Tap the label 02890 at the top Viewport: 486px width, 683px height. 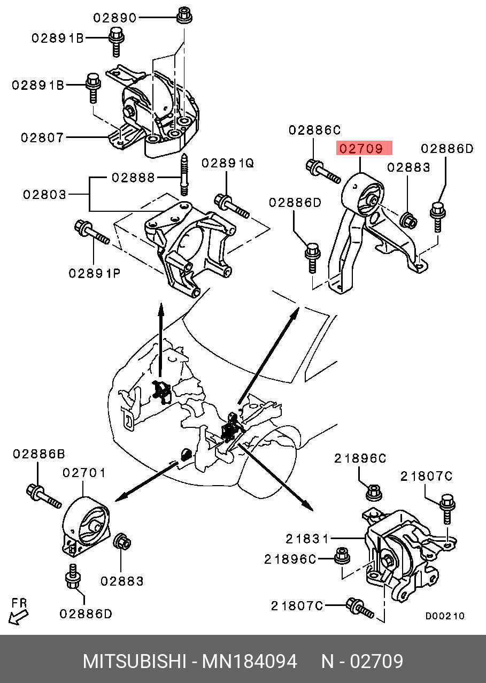pos(114,18)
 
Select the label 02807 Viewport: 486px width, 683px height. pos(42,137)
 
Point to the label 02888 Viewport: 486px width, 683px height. pos(133,177)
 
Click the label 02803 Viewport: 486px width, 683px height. pos(44,194)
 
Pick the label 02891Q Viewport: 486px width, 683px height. pos(228,163)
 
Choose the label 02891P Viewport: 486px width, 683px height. pos(95,273)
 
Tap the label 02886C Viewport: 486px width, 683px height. pos(315,130)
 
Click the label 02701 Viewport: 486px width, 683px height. pos(84,473)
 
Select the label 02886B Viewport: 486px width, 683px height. pos(39,454)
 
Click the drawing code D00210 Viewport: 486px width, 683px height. pos(445,616)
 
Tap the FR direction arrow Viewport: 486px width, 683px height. pos(18,617)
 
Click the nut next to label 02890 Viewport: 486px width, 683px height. pos(184,14)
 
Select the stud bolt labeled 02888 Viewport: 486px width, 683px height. pos(184,174)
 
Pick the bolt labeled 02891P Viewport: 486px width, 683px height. pos(92,232)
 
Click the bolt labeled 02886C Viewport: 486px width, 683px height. pos(323,171)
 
